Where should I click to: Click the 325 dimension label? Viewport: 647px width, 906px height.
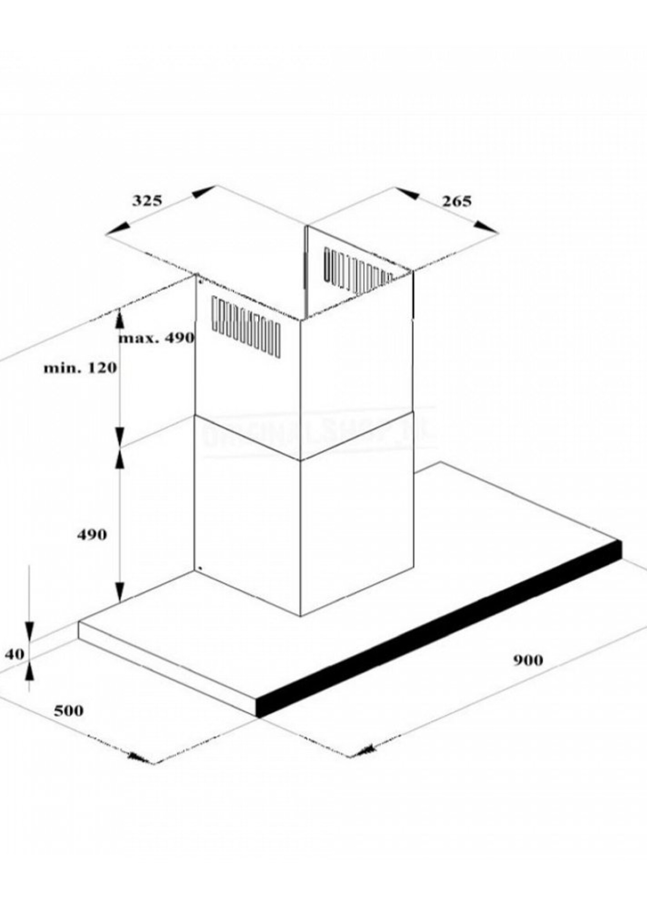(147, 201)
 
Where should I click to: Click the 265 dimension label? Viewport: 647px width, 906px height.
(457, 201)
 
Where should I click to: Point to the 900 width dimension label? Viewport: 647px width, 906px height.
(528, 660)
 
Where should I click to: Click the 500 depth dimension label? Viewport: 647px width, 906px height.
(69, 711)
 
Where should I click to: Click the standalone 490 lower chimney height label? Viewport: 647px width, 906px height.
(92, 535)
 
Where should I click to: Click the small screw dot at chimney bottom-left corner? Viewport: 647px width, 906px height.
(200, 568)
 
